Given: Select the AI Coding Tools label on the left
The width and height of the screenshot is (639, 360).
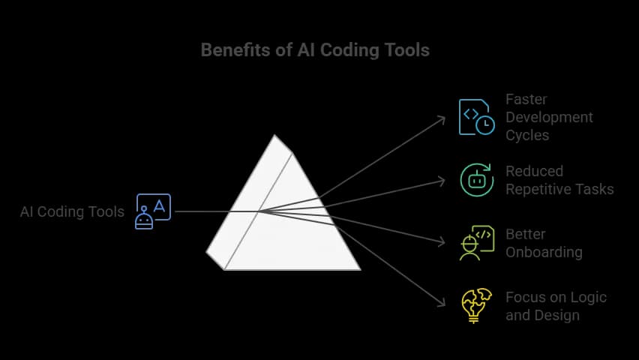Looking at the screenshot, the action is tap(72, 211).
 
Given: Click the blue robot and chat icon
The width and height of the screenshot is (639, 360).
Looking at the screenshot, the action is tap(153, 211).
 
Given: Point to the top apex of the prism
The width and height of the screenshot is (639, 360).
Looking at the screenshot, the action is tap(275, 136).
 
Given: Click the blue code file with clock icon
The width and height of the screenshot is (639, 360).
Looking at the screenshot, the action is tap(476, 116).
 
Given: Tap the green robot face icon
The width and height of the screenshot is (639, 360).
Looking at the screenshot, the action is tap(476, 180).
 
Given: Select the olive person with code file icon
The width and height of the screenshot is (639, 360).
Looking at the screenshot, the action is tap(476, 242).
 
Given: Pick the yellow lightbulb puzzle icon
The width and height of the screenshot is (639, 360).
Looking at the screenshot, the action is tap(476, 305).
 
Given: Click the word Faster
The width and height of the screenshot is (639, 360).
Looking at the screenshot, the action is tap(526, 99).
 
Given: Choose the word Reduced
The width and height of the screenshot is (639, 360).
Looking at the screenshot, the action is tap(534, 171).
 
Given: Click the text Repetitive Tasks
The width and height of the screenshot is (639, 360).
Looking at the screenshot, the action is tap(559, 189).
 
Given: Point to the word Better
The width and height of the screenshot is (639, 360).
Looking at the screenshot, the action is tap(526, 234).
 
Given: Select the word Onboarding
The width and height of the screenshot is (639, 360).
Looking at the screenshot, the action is tap(544, 252).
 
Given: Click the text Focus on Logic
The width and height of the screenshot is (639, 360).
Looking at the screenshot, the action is tap(556, 297).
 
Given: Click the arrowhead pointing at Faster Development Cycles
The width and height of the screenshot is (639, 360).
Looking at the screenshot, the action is tap(442, 118).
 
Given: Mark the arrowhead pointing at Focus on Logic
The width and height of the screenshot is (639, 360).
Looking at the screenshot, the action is tap(442, 304).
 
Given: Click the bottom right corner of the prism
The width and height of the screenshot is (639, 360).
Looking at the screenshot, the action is tap(359, 269).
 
